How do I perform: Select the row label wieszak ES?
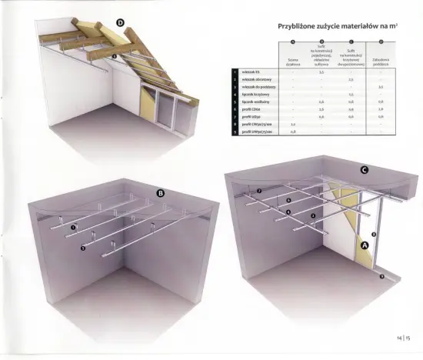[x=251, y=72]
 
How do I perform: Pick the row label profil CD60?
[x=252, y=109]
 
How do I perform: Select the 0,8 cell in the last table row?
[x=293, y=132]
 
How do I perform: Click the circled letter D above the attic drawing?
[x=120, y=22]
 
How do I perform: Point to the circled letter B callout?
[x=161, y=194]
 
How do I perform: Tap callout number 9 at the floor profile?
[x=381, y=282]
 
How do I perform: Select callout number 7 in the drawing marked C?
[x=259, y=190]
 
